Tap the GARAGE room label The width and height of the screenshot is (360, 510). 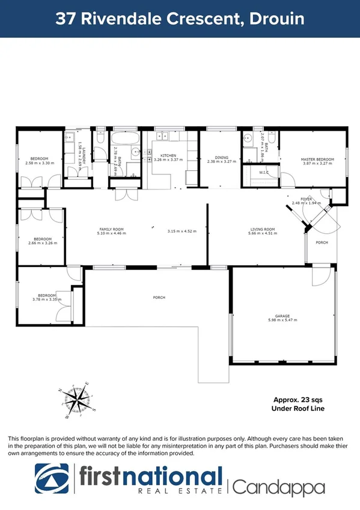coord(282,316)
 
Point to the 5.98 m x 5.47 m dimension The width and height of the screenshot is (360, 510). coord(282,321)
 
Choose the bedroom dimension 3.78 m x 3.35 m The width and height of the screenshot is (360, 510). coord(47,300)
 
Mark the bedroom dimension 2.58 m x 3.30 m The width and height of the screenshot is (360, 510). coord(40,164)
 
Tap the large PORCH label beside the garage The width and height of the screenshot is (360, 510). coord(159,298)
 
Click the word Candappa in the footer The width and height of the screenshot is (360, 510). coord(278,487)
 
